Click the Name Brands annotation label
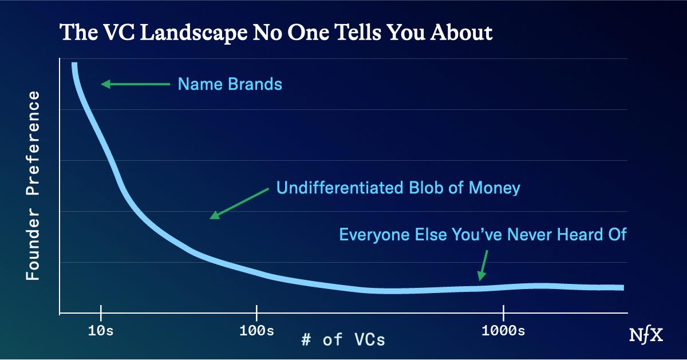[x=230, y=85]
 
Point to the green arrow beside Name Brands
[x=136, y=85]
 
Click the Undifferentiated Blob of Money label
[x=398, y=188]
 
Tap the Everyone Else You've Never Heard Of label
[x=483, y=235]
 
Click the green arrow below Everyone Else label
[x=483, y=265]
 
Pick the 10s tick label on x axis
[x=101, y=331]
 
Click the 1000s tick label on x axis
[x=503, y=331]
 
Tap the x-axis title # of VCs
[x=343, y=340]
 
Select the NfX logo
[x=646, y=335]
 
